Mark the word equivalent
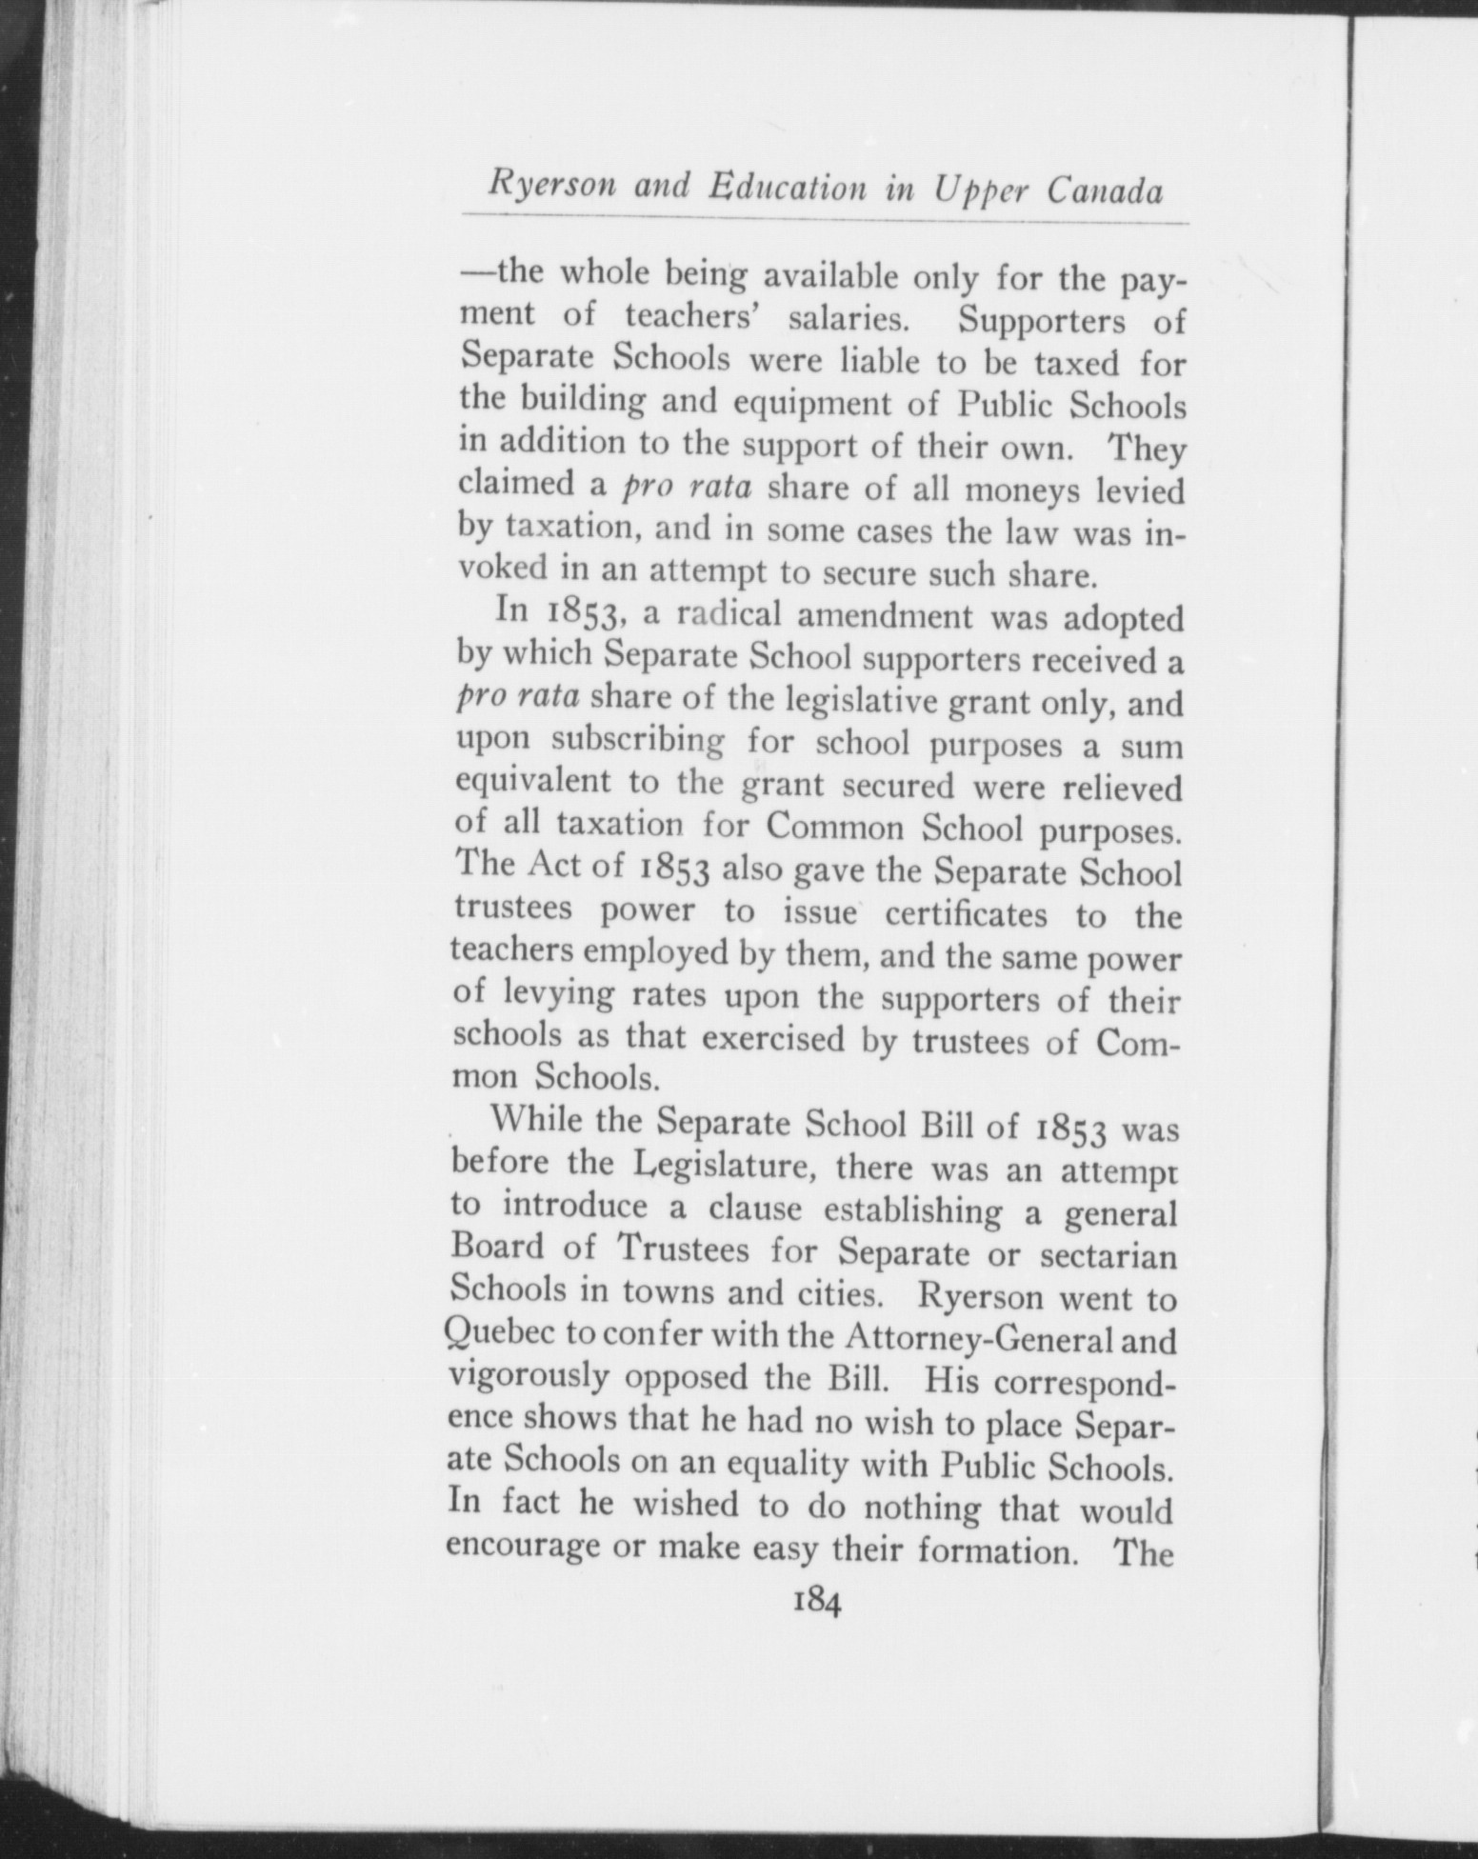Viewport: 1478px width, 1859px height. point(533,784)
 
